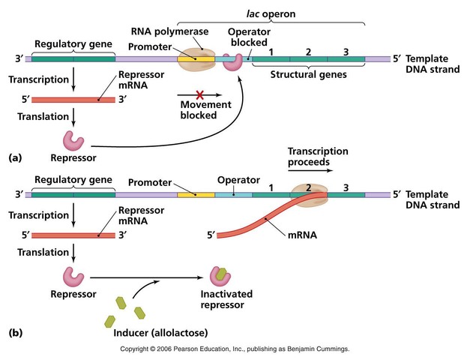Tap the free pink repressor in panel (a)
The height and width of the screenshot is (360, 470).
pos(74,140)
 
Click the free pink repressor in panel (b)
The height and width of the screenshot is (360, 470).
pos(74,277)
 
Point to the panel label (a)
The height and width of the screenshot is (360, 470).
pos(15,159)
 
